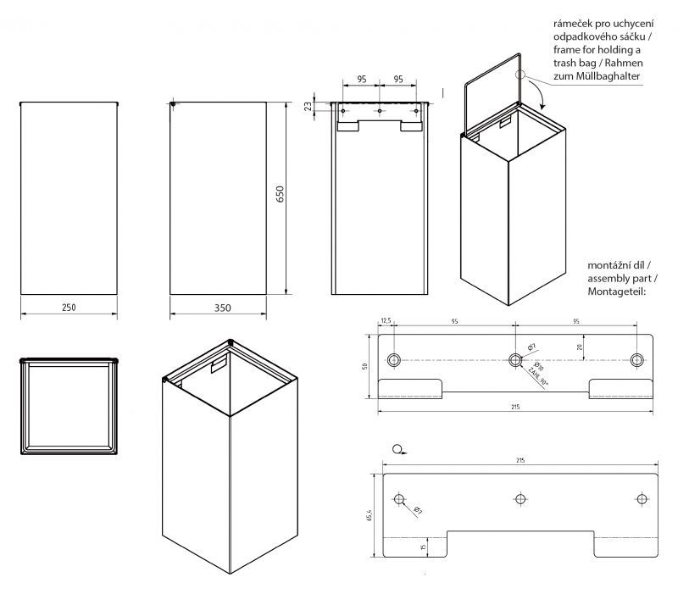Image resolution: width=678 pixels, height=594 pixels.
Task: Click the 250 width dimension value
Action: point(69,307)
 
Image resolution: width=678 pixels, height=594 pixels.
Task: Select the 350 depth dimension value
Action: point(219,307)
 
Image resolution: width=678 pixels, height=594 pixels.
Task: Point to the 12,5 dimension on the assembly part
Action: point(386,322)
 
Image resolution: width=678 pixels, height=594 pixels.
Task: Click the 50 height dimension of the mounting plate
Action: point(365,366)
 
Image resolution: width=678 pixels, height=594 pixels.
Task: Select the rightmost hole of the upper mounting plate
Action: point(637,360)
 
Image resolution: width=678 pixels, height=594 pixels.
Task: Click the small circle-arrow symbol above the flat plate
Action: point(397,448)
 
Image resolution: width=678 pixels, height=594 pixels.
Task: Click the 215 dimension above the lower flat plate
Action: point(520,459)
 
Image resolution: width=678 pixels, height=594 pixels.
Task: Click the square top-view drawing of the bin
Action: point(69,406)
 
